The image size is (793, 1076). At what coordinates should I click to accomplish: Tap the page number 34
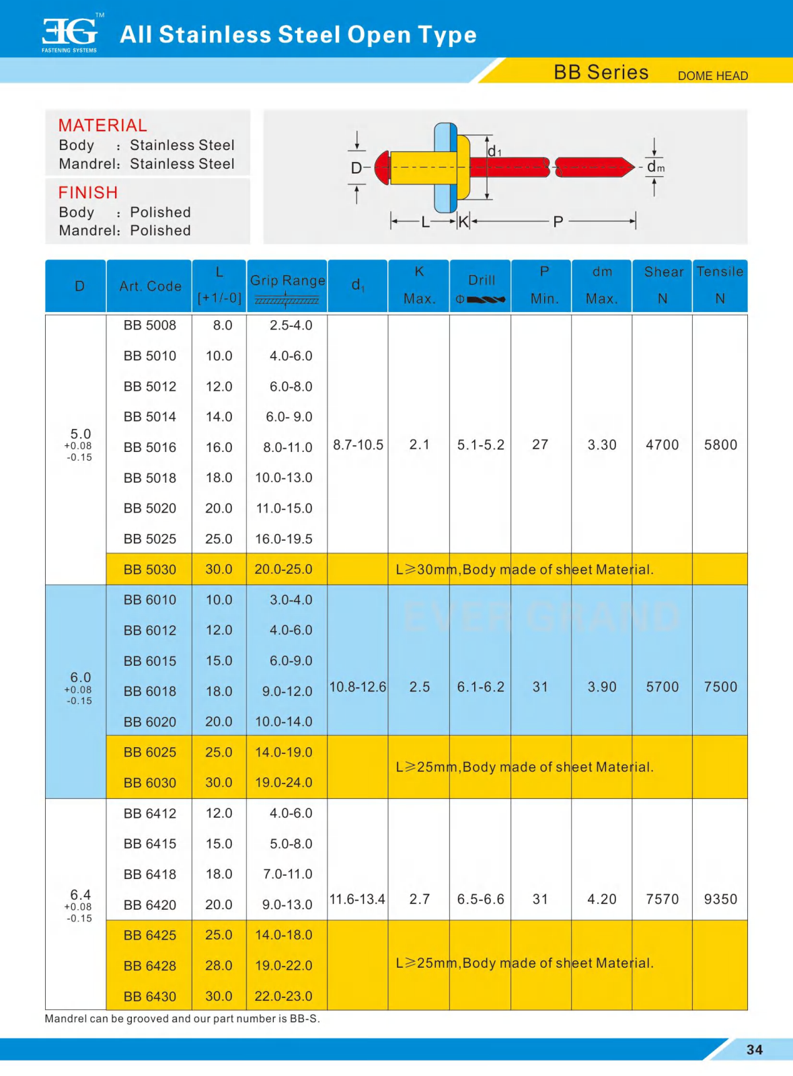(755, 1050)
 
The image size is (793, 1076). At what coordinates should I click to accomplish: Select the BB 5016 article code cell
(149, 447)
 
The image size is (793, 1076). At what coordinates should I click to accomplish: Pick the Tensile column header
(720, 272)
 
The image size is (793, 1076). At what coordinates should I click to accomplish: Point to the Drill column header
(481, 280)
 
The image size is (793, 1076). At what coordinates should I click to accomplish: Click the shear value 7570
(662, 899)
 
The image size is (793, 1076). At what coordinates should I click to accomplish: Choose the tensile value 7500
(720, 687)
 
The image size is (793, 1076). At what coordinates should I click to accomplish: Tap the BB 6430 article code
(149, 996)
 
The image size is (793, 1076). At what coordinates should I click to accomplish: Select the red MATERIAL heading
(102, 125)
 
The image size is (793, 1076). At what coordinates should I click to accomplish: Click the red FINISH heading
(87, 192)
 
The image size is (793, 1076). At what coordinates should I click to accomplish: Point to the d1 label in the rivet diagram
(494, 151)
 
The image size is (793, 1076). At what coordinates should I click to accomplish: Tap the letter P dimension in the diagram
(558, 221)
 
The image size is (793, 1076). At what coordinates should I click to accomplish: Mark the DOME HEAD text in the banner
(712, 76)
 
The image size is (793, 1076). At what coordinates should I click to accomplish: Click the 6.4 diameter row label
(80, 895)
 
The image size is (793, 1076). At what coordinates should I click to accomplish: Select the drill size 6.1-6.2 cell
(480, 687)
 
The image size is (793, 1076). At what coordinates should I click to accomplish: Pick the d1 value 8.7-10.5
(358, 445)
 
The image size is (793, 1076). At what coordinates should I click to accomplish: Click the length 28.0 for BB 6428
(219, 965)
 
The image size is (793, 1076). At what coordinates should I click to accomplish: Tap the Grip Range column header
(287, 280)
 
